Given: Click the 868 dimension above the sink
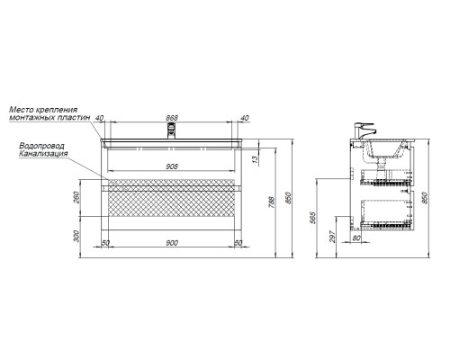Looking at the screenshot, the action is [x=172, y=118].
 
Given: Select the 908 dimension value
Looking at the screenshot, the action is [x=172, y=166].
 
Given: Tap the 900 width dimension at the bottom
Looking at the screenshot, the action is [x=172, y=243].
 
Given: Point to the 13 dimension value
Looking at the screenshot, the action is [x=255, y=159].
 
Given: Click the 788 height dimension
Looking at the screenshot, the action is [x=272, y=202].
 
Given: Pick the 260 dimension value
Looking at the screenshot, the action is [x=76, y=197].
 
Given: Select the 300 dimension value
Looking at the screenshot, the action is [x=76, y=236].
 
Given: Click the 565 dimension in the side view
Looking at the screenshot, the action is [x=312, y=218].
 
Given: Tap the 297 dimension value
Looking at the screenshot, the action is [x=332, y=236].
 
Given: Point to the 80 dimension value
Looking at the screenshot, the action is [x=356, y=238].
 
